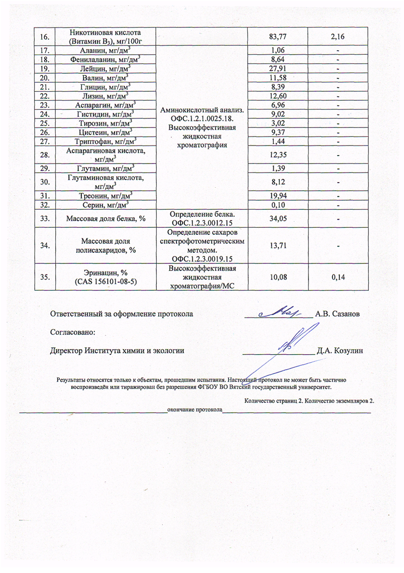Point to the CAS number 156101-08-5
[106, 281]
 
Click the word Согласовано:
[72, 332]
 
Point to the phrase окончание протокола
[195, 410]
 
